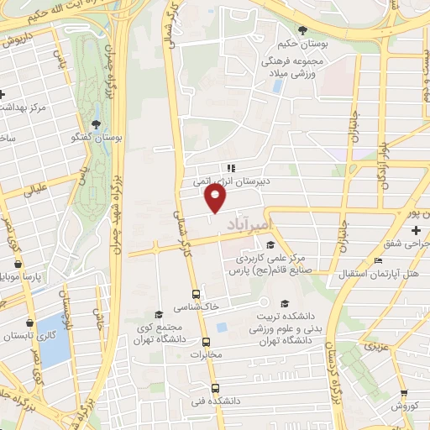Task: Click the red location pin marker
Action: coord(216,197)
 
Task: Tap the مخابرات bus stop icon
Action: coord(206,341)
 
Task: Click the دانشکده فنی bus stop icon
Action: coord(216,388)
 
